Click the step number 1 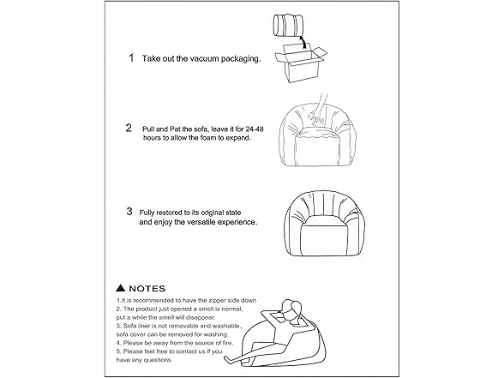coord(131,59)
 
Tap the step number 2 coord(128,128)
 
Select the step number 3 coord(129,210)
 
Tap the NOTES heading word coord(147,289)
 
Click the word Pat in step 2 coord(173,128)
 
